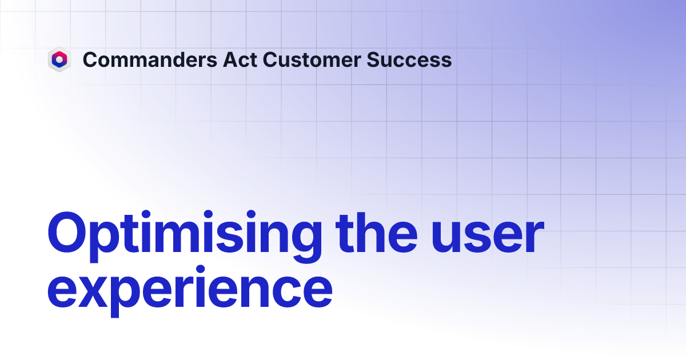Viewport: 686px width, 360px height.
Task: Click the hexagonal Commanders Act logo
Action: click(x=59, y=59)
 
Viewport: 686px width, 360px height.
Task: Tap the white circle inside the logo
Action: click(x=59, y=59)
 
